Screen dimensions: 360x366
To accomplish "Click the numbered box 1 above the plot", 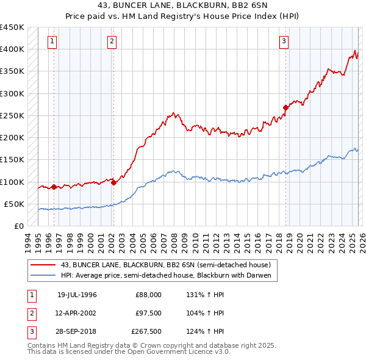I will click(x=52, y=41).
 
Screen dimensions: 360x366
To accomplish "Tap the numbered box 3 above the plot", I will click(x=284, y=41).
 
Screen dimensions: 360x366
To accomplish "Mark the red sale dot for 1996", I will click(x=54, y=187).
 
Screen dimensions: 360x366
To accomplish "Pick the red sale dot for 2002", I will click(x=114, y=182).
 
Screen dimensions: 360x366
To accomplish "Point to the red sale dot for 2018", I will click(x=285, y=108).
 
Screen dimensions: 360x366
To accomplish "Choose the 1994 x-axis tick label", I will click(x=28, y=240).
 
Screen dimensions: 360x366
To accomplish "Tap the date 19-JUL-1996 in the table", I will click(x=77, y=295).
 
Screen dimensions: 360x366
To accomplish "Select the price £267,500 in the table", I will click(x=146, y=332).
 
